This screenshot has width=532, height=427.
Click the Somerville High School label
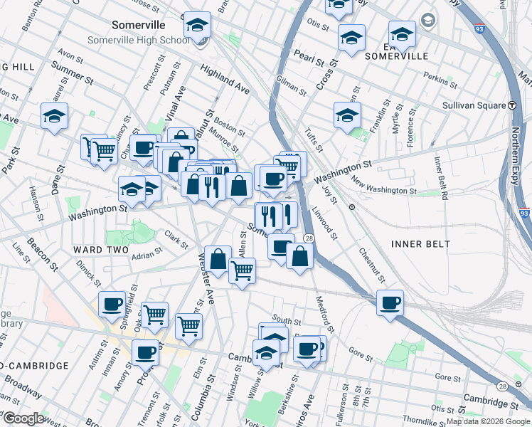(x=139, y=40)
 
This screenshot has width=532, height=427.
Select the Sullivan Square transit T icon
(x=512, y=105)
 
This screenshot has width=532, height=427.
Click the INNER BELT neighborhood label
(x=420, y=244)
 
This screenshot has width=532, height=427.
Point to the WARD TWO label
(x=100, y=250)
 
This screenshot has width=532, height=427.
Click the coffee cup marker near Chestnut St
(x=390, y=302)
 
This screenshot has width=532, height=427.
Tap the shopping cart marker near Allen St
(x=242, y=271)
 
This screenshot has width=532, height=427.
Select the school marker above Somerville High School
(x=197, y=26)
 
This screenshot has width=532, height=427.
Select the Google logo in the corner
(x=23, y=418)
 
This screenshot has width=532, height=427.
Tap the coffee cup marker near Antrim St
(x=112, y=304)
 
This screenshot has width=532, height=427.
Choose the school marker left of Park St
(x=54, y=117)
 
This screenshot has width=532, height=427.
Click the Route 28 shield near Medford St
(x=309, y=238)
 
